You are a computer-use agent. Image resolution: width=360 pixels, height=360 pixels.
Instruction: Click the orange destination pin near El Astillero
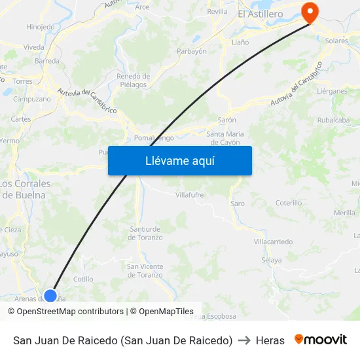click(308, 12)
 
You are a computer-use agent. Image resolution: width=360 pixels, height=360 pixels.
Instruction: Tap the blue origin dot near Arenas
click(50, 295)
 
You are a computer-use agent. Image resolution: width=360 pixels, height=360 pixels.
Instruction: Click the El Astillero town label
click(260, 14)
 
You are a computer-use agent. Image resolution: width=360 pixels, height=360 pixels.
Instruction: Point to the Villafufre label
click(190, 194)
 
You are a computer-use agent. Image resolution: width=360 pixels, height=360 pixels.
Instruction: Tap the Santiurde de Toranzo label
click(145, 233)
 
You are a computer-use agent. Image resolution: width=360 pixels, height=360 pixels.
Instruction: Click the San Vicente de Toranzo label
click(145, 270)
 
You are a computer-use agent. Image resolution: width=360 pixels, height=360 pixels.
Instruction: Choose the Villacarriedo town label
click(272, 242)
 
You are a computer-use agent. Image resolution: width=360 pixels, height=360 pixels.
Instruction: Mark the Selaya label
click(271, 260)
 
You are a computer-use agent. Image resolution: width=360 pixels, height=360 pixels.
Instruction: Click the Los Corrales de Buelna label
click(27, 189)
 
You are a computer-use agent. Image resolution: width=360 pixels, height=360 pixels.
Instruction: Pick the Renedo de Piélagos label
click(133, 80)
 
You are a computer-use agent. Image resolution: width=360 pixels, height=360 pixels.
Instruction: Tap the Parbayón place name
click(192, 51)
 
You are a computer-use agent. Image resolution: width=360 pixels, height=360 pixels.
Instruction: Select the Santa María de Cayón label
click(223, 138)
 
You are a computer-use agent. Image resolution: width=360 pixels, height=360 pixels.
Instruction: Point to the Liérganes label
click(332, 91)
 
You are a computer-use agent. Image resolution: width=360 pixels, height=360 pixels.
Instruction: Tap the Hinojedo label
click(40, 27)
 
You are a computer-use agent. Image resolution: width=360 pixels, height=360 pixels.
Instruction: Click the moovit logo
click(320, 340)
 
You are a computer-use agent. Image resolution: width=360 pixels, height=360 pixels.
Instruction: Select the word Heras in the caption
click(270, 340)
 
